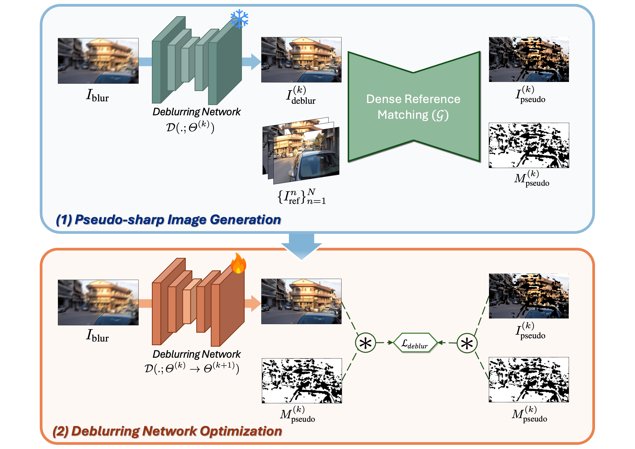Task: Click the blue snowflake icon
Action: coord(239,19)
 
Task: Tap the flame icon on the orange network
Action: coord(238,264)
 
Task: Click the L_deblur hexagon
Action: coord(415,343)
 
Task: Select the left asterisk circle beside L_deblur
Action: coord(365,343)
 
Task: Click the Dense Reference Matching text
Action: coord(413,107)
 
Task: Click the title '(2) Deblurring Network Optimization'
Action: coord(167,431)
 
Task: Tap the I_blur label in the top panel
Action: coord(97,96)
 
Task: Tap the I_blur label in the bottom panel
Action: coord(97,336)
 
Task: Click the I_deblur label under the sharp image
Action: coord(301,96)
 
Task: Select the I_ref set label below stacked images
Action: coord(302,197)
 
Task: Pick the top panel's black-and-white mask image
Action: coord(529,145)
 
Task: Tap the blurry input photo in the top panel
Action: coord(98,61)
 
